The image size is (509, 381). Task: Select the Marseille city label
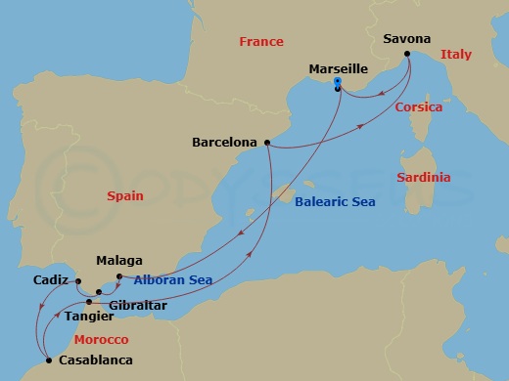[x=338, y=69]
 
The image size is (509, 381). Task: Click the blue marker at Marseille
[x=337, y=83]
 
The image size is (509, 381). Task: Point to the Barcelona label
[x=225, y=142]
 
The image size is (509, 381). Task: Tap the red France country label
[x=261, y=42]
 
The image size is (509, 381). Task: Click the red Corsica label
[x=418, y=107]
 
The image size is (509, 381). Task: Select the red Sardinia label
[x=423, y=178]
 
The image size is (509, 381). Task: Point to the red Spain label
[x=125, y=196]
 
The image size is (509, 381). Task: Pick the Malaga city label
[x=120, y=261]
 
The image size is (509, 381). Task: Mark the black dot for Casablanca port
[x=46, y=360]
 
